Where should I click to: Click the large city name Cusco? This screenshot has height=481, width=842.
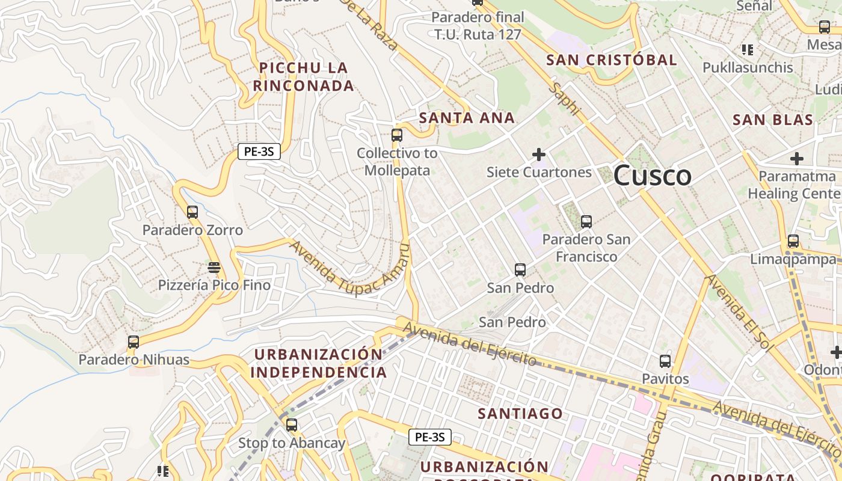pyautogui.click(x=653, y=176)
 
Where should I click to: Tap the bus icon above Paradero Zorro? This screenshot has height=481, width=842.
pyautogui.click(x=192, y=212)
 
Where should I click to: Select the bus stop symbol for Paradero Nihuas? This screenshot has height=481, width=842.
pyautogui.click(x=134, y=342)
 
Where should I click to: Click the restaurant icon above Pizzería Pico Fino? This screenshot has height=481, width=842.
pyautogui.click(x=214, y=266)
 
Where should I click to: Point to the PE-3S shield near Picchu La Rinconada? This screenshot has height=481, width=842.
pyautogui.click(x=259, y=152)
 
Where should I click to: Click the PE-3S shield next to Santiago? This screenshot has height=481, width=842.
pyautogui.click(x=430, y=437)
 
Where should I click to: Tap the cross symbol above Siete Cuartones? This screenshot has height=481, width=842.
pyautogui.click(x=539, y=155)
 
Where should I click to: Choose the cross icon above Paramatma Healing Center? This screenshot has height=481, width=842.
pyautogui.click(x=797, y=159)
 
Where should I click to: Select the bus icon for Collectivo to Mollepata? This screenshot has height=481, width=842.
pyautogui.click(x=397, y=135)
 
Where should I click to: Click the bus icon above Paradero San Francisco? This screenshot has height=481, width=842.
pyautogui.click(x=586, y=222)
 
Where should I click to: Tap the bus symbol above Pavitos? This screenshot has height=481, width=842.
pyautogui.click(x=665, y=361)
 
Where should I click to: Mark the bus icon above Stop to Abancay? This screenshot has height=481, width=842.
pyautogui.click(x=292, y=425)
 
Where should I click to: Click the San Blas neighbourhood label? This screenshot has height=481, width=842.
pyautogui.click(x=773, y=120)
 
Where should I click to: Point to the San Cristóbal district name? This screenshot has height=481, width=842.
pyautogui.click(x=612, y=60)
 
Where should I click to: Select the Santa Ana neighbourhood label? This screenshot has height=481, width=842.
pyautogui.click(x=467, y=118)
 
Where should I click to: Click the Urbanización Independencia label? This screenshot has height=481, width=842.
pyautogui.click(x=318, y=363)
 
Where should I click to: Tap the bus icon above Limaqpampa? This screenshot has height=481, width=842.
pyautogui.click(x=793, y=241)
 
